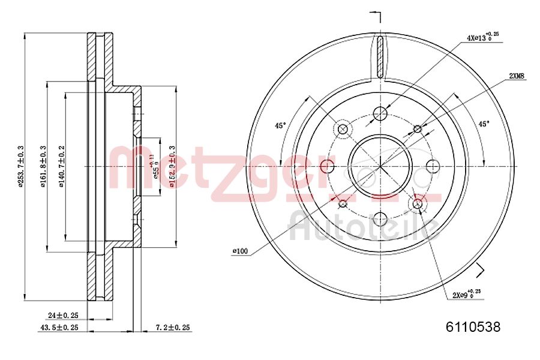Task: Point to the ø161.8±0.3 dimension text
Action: [x=43, y=166]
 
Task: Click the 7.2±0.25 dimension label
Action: [x=172, y=328]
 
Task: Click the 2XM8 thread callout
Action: [x=517, y=76]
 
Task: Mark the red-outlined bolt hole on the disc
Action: [x=327, y=166]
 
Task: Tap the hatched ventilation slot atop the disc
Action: [x=380, y=57]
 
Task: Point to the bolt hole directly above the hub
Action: [x=380, y=113]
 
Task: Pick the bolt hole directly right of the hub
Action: [x=433, y=166]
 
